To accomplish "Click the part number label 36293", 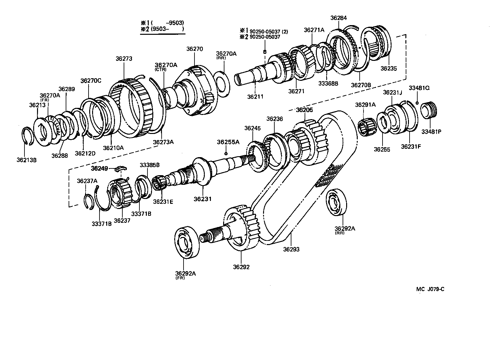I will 291,249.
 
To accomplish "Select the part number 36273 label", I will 124,59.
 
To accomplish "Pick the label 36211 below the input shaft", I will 255,96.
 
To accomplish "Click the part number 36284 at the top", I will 338,18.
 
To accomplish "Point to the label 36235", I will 389,68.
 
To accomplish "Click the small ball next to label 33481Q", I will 417,103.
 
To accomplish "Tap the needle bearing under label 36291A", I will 367,125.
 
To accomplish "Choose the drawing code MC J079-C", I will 430,289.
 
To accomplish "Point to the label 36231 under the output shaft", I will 203,199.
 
